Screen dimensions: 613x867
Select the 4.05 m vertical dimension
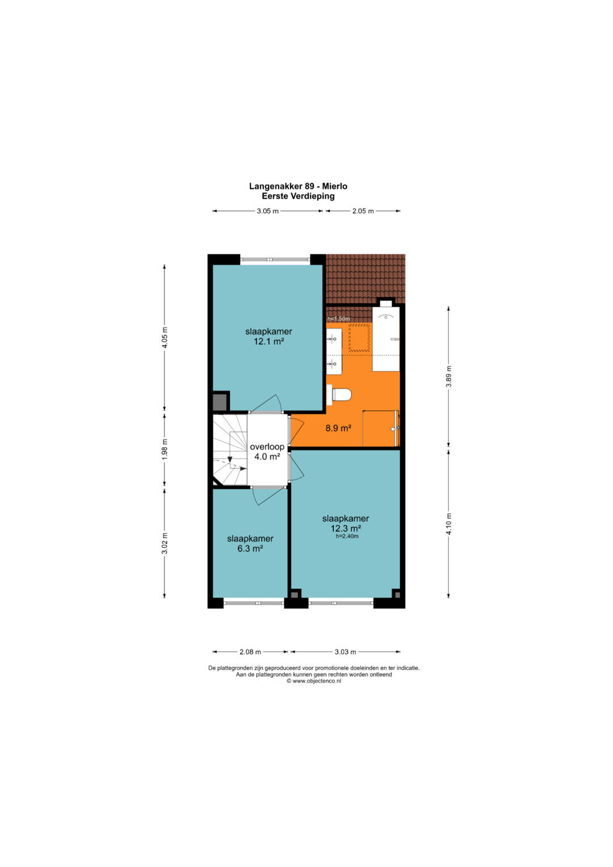[x=165, y=338]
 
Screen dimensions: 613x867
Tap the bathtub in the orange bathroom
[x=386, y=340]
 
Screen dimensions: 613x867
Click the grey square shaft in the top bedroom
[x=220, y=402]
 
